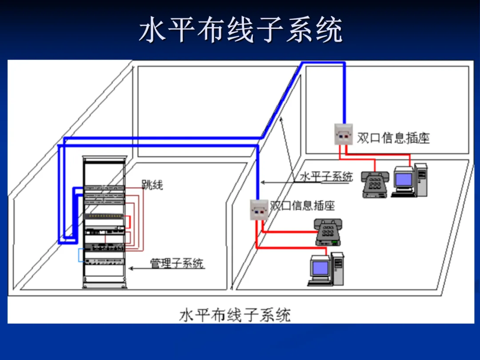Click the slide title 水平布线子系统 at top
pos(240,30)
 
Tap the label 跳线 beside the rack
pos(152,184)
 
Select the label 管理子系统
pos(177,263)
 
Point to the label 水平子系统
pos(326,176)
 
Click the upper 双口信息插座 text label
pos(393,138)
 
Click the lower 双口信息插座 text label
pos(302,205)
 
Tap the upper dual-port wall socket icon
pos(343,134)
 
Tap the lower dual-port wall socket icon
pos(259,209)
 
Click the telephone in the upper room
pos(375,184)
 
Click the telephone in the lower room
pos(328,232)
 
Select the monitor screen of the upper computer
pos(404,179)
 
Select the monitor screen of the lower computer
pos(320,268)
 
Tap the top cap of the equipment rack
pos(105,159)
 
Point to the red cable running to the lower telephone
pos(289,232)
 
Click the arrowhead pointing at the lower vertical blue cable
pos(263,182)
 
